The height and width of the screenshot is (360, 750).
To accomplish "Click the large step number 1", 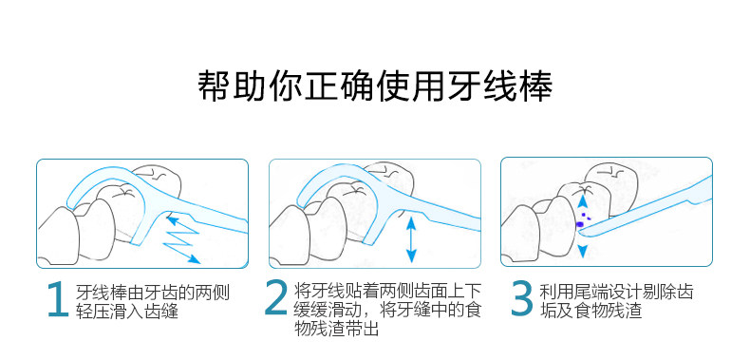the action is pyautogui.click(x=58, y=299).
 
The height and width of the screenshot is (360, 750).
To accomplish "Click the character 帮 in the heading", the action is pyautogui.click(x=214, y=86).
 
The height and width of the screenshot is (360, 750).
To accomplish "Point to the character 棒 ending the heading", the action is pyautogui.click(x=536, y=86).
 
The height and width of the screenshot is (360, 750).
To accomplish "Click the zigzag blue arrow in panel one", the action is pyautogui.click(x=182, y=239).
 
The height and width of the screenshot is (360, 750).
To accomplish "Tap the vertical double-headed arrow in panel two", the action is pyautogui.click(x=411, y=238).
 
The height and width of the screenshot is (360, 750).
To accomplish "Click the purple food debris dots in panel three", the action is pyautogui.click(x=583, y=218).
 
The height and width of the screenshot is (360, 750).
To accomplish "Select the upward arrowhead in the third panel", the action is pyautogui.click(x=582, y=201).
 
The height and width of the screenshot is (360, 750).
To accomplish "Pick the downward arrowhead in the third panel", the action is pyautogui.click(x=582, y=251).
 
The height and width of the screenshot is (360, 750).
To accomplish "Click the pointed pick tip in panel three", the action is pyautogui.click(x=580, y=232).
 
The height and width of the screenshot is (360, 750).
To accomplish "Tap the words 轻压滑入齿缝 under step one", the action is pyautogui.click(x=127, y=311).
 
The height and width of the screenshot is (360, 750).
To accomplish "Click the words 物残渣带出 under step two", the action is pyautogui.click(x=337, y=329).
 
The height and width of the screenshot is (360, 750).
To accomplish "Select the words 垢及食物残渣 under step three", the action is pyautogui.click(x=591, y=311).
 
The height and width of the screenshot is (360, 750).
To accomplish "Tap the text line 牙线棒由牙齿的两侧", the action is pyautogui.click(x=153, y=292).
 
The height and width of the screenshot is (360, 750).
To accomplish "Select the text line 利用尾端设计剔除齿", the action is pyautogui.click(x=616, y=292).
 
